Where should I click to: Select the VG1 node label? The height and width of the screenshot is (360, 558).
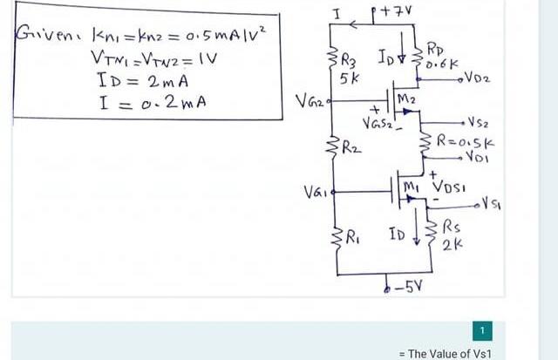point(315,191)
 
